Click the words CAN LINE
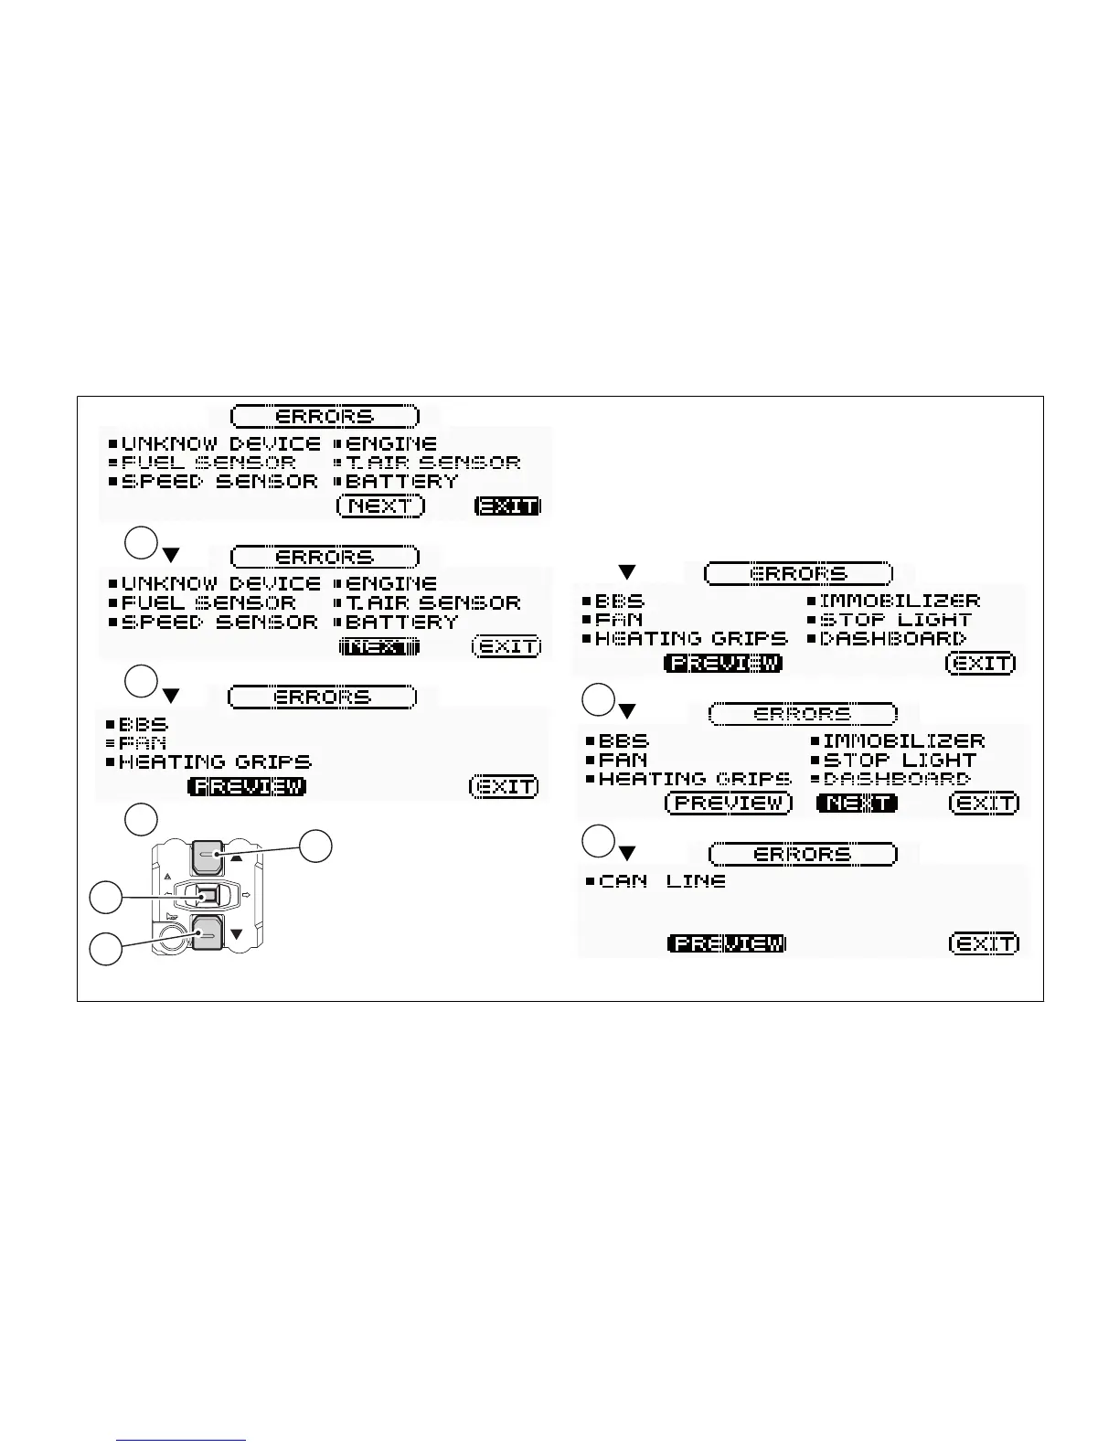pyautogui.click(x=663, y=881)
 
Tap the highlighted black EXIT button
pyautogui.click(x=508, y=506)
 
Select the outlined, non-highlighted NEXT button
pyautogui.click(x=381, y=506)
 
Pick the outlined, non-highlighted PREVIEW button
pyautogui.click(x=729, y=803)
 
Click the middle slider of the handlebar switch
pyautogui.click(x=208, y=896)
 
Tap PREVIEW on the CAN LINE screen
pyautogui.click(x=727, y=942)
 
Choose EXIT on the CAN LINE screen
pyautogui.click(x=985, y=942)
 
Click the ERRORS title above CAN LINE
pyautogui.click(x=803, y=854)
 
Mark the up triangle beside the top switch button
pyautogui.click(x=237, y=858)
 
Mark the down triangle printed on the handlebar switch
pyautogui.click(x=237, y=934)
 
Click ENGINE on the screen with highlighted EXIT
pyautogui.click(x=391, y=444)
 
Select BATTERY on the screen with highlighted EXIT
pyautogui.click(x=401, y=481)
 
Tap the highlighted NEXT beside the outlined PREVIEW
pyautogui.click(x=857, y=803)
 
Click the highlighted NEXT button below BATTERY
pyautogui.click(x=379, y=646)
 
